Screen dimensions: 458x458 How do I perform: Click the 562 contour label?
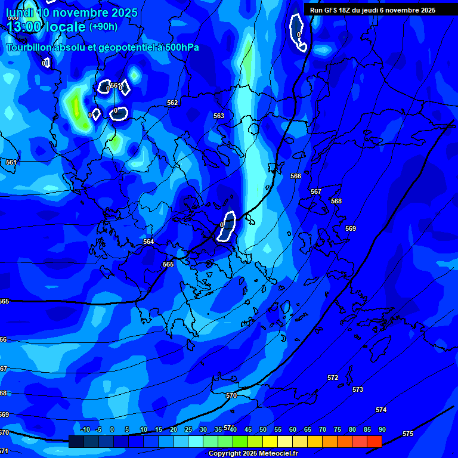coord(172,103)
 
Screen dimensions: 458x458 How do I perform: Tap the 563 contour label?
coord(219,116)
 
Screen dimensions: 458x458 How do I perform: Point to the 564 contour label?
coord(148,242)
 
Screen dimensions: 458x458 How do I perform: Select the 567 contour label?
coord(316,191)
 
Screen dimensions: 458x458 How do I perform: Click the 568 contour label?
coord(336,201)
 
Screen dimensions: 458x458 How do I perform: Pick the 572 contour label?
coord(333,377)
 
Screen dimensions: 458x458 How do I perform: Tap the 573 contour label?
coord(358,389)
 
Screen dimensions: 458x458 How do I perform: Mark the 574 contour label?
coord(381,410)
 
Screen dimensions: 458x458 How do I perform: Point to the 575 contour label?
coord(408,434)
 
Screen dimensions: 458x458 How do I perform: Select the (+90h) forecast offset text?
coord(103,26)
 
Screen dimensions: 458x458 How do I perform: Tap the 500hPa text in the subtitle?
coord(180,48)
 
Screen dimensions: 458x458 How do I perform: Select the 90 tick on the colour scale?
coord(382,429)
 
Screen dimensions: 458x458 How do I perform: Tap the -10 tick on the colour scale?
coord(85,429)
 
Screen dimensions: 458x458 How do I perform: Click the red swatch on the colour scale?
coord(374,441)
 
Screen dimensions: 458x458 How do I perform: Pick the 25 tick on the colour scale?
coord(188,429)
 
